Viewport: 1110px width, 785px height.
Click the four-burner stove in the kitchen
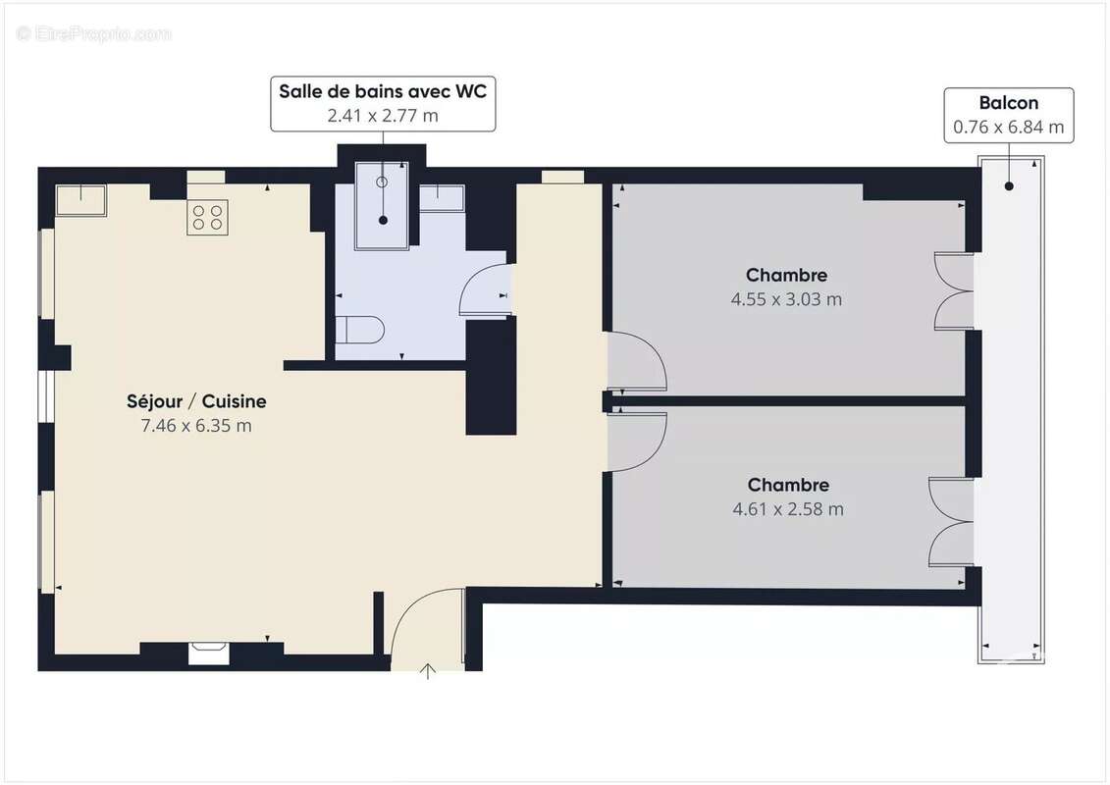[x=208, y=217]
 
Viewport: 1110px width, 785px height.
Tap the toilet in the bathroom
[x=357, y=330]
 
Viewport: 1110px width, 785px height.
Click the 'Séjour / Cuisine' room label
[x=196, y=401]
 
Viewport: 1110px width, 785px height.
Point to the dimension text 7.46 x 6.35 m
[x=196, y=425]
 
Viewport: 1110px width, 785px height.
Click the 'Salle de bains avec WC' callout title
[x=383, y=91]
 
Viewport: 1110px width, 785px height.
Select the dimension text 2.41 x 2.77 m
[x=383, y=115]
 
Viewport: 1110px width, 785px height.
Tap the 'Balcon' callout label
[x=1008, y=103]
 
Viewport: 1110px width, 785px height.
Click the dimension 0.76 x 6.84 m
[x=1008, y=127]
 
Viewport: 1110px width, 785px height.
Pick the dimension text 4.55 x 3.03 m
[x=786, y=299]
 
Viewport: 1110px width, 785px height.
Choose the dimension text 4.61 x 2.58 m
[x=788, y=509]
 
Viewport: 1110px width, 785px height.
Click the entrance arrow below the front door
[x=428, y=671]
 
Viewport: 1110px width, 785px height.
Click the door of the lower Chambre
[x=636, y=441]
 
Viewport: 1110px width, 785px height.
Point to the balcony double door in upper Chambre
[x=953, y=290]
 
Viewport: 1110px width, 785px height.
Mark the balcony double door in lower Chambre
[x=949, y=522]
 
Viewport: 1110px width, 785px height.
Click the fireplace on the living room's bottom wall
[x=208, y=653]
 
